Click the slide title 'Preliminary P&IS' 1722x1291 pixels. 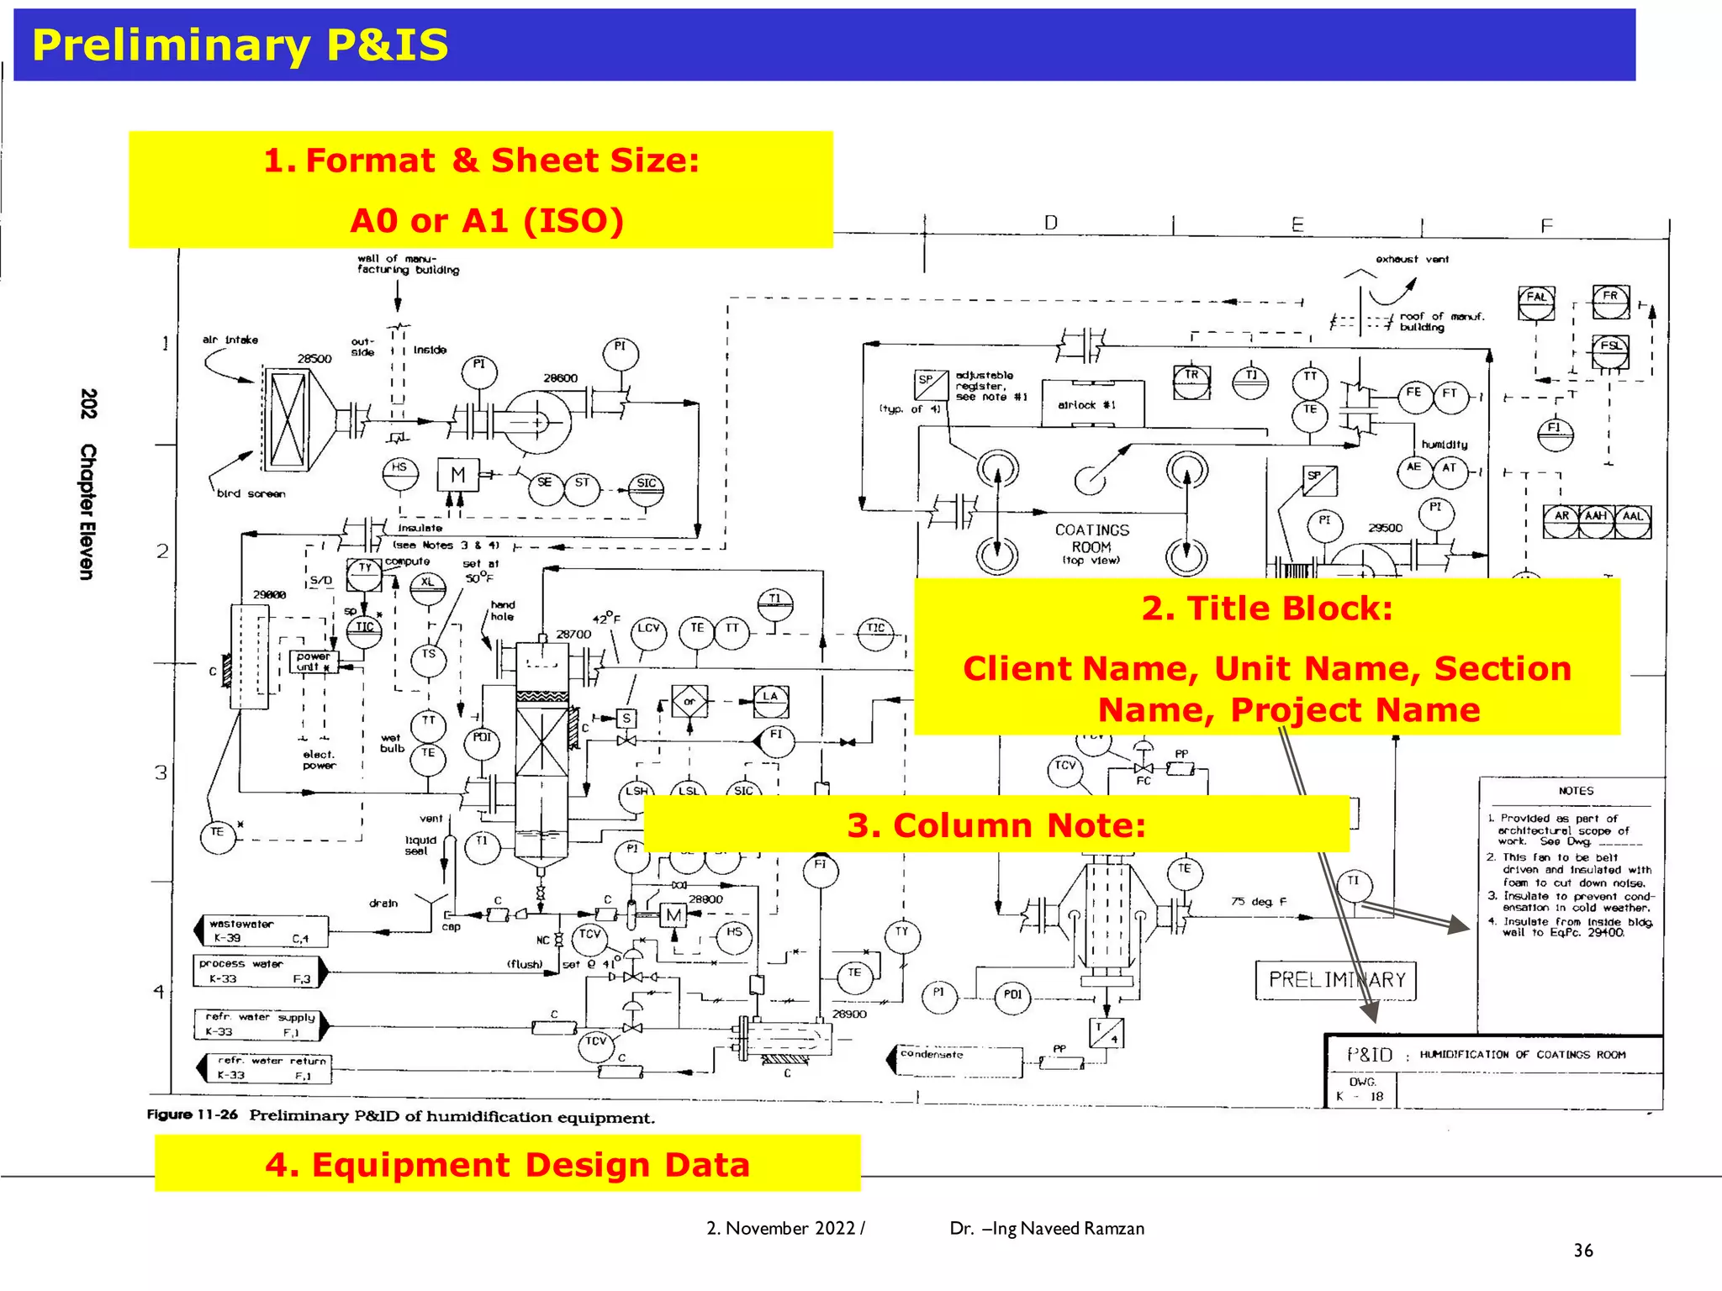pos(240,45)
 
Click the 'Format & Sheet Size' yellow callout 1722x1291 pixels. pos(480,190)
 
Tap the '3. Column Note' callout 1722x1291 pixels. pos(996,825)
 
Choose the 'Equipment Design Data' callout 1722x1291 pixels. pos(507,1165)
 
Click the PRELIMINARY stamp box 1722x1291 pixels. pos(1336,980)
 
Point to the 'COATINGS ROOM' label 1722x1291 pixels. pos(1091,538)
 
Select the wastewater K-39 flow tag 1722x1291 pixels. pos(261,931)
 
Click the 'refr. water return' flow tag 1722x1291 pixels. pos(264,1068)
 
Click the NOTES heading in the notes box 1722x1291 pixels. pos(1575,791)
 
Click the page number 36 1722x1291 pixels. pos(1582,1251)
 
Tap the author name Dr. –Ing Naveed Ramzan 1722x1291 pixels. pos(1047,1228)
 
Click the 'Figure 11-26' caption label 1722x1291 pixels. pos(193,1114)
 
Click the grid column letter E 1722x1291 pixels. pos(1297,225)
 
